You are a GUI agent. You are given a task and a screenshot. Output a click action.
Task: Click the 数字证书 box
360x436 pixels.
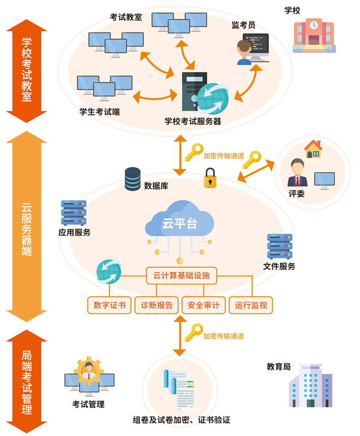pos(109,305)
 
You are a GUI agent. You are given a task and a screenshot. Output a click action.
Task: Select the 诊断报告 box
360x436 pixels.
pos(156,305)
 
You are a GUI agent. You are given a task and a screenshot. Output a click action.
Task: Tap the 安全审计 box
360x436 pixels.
pos(203,305)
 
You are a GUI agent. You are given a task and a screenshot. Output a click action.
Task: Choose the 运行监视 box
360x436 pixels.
pos(251,305)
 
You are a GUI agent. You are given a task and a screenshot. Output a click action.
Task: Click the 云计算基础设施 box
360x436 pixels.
pos(181,276)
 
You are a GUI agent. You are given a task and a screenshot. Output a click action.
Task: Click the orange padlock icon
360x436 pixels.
pos(210,178)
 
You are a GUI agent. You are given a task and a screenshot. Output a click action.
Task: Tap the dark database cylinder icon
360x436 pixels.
pos(133,179)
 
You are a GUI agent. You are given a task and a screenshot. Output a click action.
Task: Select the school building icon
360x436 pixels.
pos(314,35)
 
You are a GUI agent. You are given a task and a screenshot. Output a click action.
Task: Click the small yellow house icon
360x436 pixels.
pos(313,149)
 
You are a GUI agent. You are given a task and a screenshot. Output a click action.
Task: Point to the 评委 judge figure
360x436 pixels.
pos(297,173)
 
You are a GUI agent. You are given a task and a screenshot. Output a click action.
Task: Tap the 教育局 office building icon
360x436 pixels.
pos(311,386)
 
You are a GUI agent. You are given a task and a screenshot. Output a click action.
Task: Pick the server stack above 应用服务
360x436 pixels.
pos(74,212)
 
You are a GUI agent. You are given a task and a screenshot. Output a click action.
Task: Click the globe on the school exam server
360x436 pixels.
pos(213,99)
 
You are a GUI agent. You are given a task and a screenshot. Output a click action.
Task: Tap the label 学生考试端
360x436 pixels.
pos(99,112)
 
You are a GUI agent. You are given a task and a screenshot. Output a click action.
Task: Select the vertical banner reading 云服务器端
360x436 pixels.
pos(27,227)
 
